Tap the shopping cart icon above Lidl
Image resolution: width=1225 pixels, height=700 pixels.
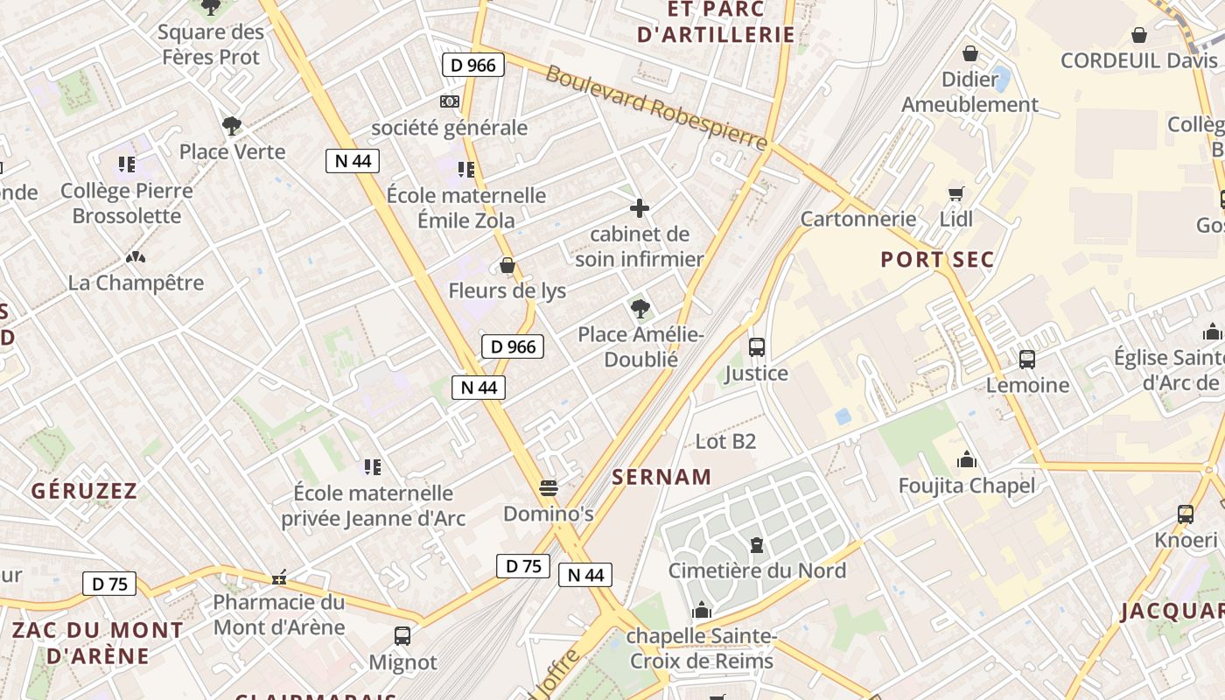(x=955, y=193)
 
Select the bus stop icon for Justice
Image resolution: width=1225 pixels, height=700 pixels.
(x=757, y=347)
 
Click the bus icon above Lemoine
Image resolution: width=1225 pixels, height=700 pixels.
(x=1027, y=359)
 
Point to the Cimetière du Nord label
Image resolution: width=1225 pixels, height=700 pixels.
(x=757, y=570)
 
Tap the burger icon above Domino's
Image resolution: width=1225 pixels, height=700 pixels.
(x=549, y=487)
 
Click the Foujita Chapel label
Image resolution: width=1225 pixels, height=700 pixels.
(x=967, y=486)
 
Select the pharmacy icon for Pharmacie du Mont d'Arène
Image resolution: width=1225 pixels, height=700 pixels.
(x=280, y=577)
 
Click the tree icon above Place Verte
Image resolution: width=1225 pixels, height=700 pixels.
(x=232, y=126)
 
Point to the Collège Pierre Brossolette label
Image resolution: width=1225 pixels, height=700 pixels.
(x=127, y=203)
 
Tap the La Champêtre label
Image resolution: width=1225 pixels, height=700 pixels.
(x=136, y=283)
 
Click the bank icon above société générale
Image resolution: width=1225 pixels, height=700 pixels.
(x=450, y=101)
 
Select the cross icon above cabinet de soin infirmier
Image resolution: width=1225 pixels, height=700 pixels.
(x=640, y=208)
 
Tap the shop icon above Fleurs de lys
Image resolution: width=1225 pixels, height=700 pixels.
(x=507, y=265)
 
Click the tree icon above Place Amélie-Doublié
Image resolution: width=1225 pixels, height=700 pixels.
(x=640, y=308)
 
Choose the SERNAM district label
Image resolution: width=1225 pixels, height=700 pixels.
(x=661, y=477)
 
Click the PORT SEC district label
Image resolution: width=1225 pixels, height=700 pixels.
(x=937, y=260)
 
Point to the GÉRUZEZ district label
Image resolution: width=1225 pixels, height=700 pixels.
(x=84, y=491)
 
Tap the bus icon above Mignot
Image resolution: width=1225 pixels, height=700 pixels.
(x=402, y=636)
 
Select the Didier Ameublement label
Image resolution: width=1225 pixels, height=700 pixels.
(x=969, y=92)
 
